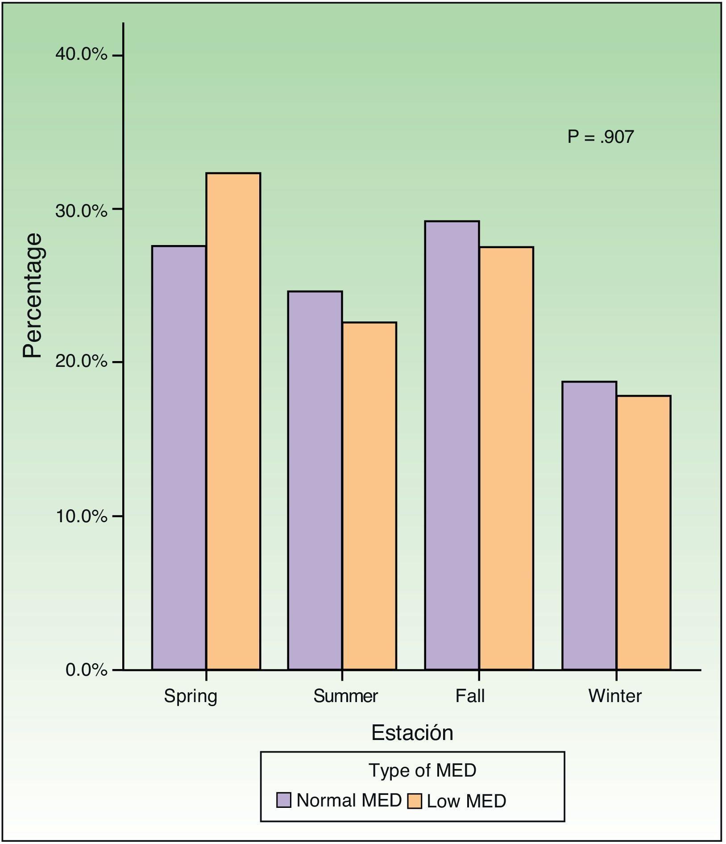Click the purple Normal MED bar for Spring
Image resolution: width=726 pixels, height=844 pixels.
pyautogui.click(x=179, y=457)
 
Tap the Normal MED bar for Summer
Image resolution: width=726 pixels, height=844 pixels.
pyautogui.click(x=315, y=480)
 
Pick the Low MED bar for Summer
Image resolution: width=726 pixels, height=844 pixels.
pyautogui.click(x=369, y=495)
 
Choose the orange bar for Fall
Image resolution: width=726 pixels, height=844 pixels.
pyautogui.click(x=506, y=458)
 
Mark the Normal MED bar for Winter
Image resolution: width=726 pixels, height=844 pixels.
pyautogui.click(x=589, y=525)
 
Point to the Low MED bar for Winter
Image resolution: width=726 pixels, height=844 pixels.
pyautogui.click(x=643, y=532)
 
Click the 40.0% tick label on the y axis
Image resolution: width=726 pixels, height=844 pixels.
pyautogui.click(x=81, y=54)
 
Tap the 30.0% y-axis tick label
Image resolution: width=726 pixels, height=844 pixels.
pyautogui.click(x=81, y=210)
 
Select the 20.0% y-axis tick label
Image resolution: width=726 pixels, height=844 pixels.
pyautogui.click(x=81, y=361)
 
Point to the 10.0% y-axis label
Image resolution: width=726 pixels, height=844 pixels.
pyautogui.click(x=81, y=516)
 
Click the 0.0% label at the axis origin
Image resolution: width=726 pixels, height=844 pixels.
pyautogui.click(x=86, y=670)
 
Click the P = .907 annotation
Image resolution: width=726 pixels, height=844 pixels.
pyautogui.click(x=600, y=137)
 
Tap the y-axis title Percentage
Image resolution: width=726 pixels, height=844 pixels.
pyautogui.click(x=33, y=295)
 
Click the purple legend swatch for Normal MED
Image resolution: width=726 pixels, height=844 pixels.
pyautogui.click(x=284, y=800)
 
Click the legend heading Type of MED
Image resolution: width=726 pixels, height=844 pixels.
pyautogui.click(x=422, y=770)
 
